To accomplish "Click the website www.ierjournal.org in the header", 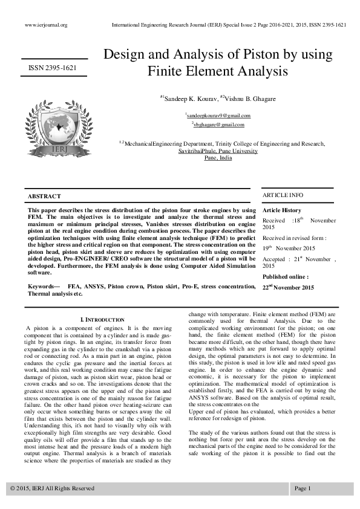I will (46, 25).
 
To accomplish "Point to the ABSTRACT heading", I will (44, 196).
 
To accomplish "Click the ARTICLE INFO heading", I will (283, 195).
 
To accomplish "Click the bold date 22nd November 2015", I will (288, 288).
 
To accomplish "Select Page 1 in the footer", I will (303, 488).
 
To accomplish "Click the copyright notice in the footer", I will (52, 488).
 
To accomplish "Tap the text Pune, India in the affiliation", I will (218, 157).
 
